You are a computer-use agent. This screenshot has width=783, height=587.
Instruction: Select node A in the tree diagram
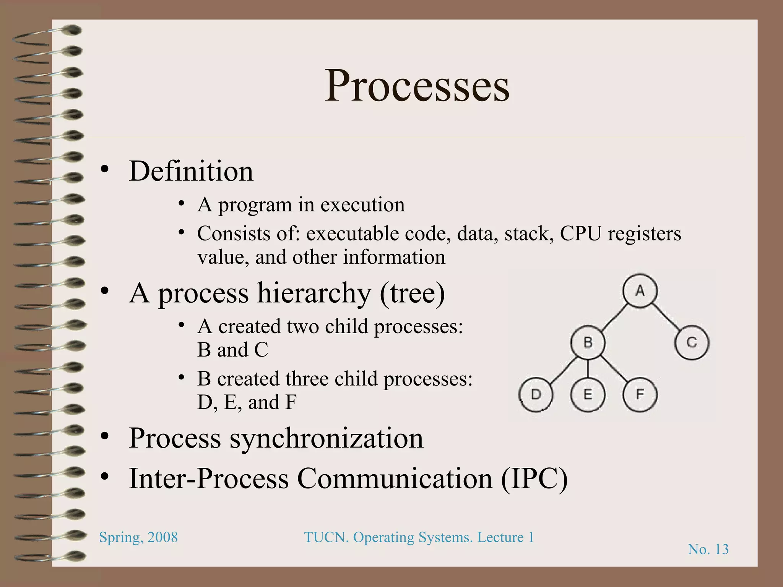(x=640, y=291)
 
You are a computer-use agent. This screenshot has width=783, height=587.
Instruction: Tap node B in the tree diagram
(x=588, y=342)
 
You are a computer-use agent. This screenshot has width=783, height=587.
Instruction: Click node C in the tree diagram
(x=692, y=342)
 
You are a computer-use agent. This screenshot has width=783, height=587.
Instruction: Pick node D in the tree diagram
(x=536, y=394)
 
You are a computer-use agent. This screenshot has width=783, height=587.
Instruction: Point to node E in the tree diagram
(x=588, y=394)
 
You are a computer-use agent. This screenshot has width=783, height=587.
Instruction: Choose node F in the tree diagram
(x=640, y=394)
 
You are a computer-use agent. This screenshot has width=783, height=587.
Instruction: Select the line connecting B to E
(x=588, y=368)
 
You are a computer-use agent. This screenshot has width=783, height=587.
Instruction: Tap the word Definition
(x=191, y=171)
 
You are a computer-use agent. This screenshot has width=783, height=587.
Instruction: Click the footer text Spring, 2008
(x=138, y=537)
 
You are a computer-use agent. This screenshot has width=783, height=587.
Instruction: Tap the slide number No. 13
(x=708, y=549)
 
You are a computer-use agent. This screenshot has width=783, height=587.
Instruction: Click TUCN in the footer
(x=326, y=537)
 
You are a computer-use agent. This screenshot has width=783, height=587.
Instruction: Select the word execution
(x=362, y=205)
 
